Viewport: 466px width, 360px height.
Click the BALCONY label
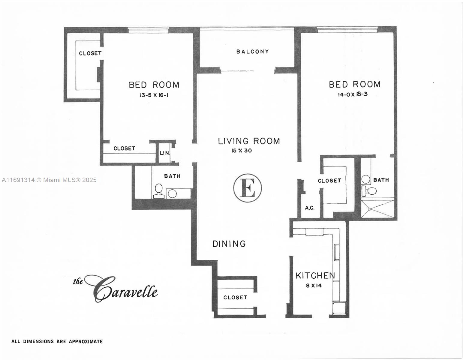(x=252, y=52)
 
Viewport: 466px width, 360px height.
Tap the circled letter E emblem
(x=248, y=188)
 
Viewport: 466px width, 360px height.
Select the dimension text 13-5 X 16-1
(x=154, y=95)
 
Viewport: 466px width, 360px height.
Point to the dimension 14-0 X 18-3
(x=353, y=94)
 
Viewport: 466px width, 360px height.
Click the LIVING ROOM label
(x=249, y=141)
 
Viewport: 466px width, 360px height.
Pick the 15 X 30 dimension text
(x=242, y=151)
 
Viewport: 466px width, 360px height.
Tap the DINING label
(x=229, y=244)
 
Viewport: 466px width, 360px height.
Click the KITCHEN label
(x=315, y=276)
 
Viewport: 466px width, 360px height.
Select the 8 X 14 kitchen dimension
(x=314, y=285)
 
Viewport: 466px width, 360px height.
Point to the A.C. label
(x=310, y=208)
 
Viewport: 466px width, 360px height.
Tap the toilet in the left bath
(x=159, y=191)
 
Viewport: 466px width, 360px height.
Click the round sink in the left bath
(x=172, y=194)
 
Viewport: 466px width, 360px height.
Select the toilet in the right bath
(x=369, y=191)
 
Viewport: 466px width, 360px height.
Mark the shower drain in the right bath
(x=370, y=209)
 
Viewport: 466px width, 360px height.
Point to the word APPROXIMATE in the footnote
(x=86, y=342)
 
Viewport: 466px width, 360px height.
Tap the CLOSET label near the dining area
(x=235, y=297)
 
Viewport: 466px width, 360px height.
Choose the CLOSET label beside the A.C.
(x=329, y=181)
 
